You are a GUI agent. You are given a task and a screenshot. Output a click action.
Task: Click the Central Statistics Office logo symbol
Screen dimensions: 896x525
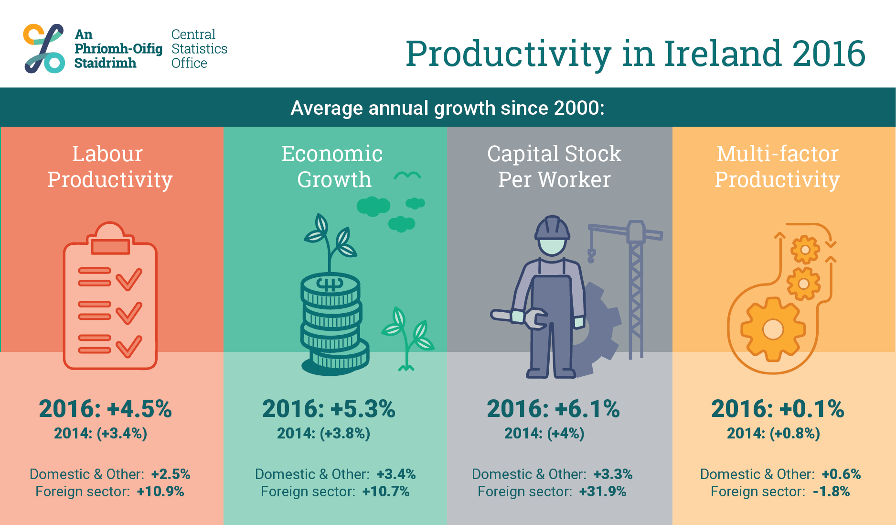coord(44,48)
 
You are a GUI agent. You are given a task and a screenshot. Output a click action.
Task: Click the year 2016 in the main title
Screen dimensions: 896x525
coord(829,53)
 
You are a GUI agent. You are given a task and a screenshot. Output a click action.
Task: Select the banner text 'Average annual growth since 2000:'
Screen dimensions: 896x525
coord(448,108)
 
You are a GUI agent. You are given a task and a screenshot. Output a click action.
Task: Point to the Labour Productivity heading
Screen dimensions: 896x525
coord(109,166)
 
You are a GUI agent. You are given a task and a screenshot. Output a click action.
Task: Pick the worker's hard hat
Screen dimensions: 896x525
coord(552,228)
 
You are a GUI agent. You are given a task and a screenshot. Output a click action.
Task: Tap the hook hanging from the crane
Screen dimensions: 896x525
coord(591,256)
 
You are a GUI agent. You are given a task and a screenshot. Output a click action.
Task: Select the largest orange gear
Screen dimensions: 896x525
coord(773,329)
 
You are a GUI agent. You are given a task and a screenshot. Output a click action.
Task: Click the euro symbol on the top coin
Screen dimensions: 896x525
coord(330,284)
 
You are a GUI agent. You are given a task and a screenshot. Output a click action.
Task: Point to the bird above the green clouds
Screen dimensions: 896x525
coord(407,175)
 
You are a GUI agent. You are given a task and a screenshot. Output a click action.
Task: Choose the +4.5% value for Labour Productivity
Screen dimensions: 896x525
coord(139,409)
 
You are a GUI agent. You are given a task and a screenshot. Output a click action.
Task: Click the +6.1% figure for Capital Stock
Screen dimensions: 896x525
coord(587,409)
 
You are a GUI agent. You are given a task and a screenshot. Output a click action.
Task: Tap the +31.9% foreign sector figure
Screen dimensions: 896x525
coord(603,492)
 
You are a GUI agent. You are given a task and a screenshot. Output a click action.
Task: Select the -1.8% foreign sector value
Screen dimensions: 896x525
coord(832,492)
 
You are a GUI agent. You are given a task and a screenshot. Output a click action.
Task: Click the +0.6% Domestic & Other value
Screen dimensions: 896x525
coord(841,474)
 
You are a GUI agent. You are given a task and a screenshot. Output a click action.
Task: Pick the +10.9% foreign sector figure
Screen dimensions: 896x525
coord(160,492)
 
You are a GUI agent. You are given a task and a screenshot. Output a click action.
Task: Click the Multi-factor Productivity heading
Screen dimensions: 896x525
coord(777,166)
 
